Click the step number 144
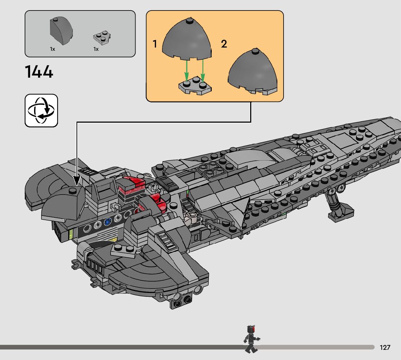[39, 71]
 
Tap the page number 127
[385, 348]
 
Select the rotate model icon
[41, 110]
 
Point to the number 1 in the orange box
[155, 44]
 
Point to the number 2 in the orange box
[224, 44]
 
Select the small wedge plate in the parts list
[102, 36]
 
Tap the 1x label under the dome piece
[53, 49]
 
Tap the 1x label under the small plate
[96, 49]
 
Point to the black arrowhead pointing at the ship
[77, 180]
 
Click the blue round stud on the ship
[107, 222]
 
